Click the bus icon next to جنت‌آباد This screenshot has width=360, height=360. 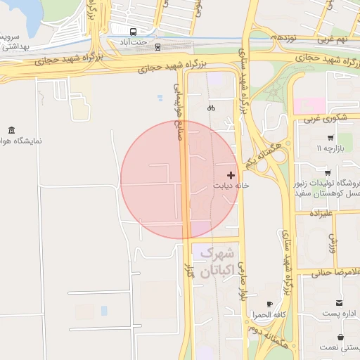tap(134, 32)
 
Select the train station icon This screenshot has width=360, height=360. tap(157, 47)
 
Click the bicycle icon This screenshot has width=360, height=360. tap(210, 108)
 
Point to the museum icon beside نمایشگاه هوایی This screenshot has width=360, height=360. tap(11, 130)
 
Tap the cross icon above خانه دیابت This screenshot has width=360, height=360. tap(231, 174)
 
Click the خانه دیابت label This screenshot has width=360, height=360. tap(232, 186)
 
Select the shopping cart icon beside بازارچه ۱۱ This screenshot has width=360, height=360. tap(330, 138)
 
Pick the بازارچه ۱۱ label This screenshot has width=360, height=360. tap(330, 149)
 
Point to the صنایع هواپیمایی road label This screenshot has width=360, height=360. tap(179, 112)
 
